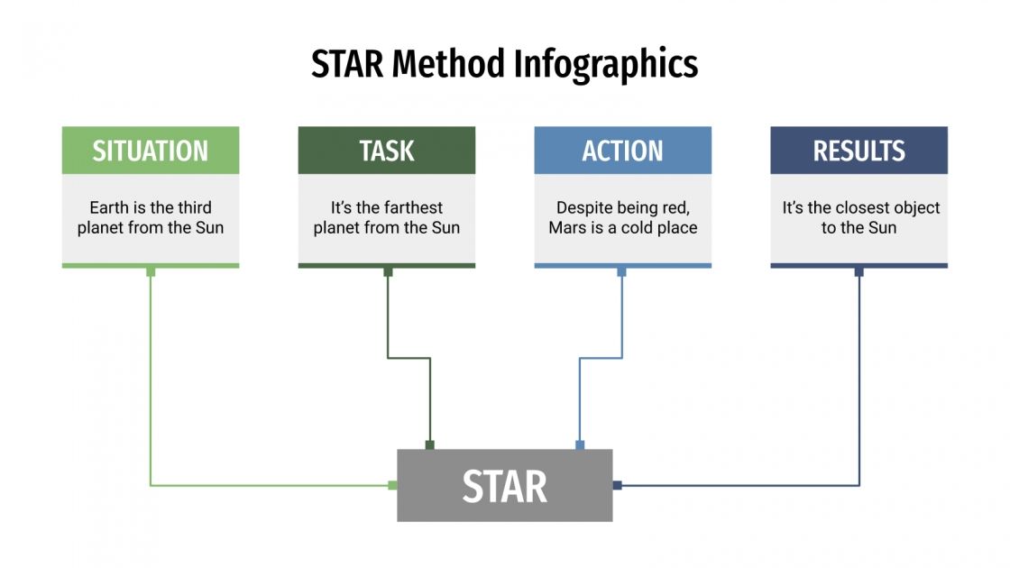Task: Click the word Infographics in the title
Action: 606,65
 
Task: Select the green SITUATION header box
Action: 151,151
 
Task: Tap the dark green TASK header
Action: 387,151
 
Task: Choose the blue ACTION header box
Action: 623,151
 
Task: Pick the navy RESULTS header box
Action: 859,151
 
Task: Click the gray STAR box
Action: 505,486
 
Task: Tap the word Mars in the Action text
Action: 567,228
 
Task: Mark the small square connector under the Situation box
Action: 151,271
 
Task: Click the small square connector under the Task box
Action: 388,271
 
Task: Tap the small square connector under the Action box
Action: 621,271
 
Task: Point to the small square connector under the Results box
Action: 858,271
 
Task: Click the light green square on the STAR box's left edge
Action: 392,485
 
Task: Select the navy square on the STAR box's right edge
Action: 618,485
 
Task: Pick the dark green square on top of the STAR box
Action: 430,444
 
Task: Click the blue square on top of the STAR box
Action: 580,444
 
